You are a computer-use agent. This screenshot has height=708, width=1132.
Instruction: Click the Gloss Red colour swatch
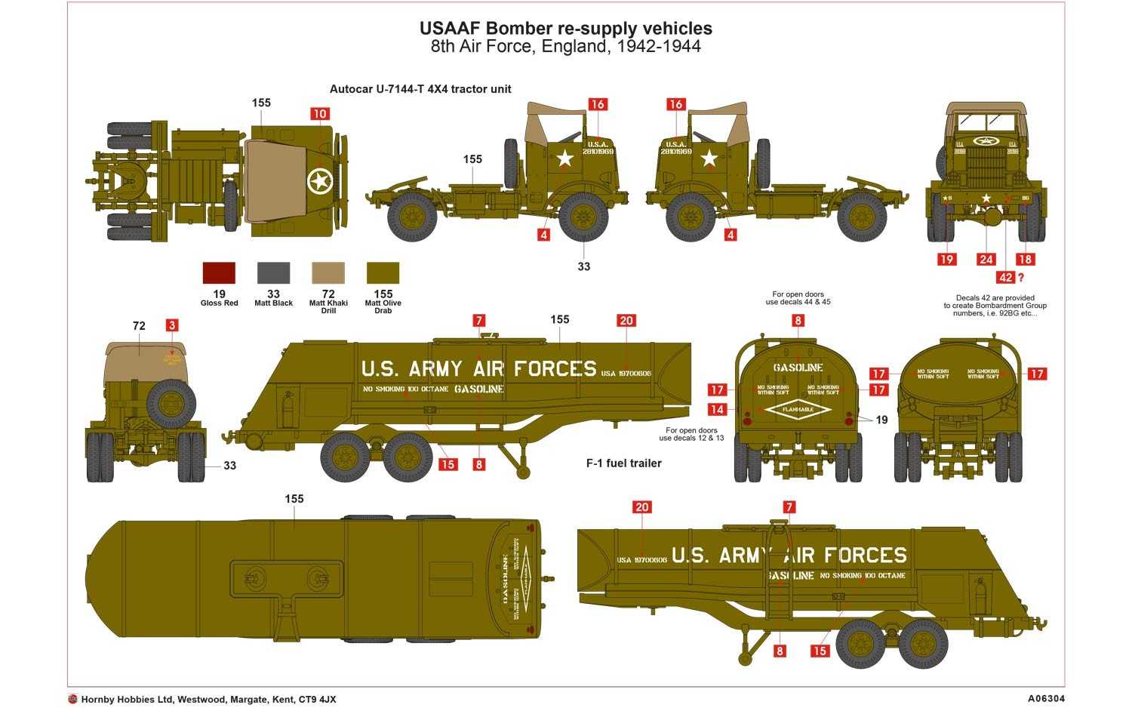click(219, 272)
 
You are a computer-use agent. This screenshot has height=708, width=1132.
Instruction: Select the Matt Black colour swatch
click(273, 272)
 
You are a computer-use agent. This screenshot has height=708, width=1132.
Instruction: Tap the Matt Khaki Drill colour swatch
click(328, 272)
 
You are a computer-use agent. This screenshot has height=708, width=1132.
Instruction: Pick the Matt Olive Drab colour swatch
click(383, 272)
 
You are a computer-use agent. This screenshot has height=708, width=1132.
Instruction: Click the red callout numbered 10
click(320, 114)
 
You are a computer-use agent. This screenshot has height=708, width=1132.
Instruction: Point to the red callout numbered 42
click(1005, 278)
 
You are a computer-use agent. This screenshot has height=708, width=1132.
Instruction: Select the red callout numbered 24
click(986, 259)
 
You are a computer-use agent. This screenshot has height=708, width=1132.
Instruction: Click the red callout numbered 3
click(172, 325)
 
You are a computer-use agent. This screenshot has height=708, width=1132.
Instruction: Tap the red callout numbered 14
click(717, 409)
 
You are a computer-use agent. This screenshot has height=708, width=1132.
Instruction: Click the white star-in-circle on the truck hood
click(320, 180)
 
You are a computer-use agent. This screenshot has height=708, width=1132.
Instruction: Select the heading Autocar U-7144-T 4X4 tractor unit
click(420, 89)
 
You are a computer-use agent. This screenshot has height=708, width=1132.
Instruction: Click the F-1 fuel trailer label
click(623, 463)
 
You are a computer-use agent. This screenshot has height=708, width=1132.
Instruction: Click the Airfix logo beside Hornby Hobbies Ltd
click(72, 699)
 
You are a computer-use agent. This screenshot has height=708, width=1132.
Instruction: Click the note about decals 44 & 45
click(798, 298)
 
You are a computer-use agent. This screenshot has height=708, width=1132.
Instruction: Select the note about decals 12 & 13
click(691, 434)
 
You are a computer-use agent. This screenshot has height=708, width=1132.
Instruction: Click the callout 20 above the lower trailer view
click(641, 507)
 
